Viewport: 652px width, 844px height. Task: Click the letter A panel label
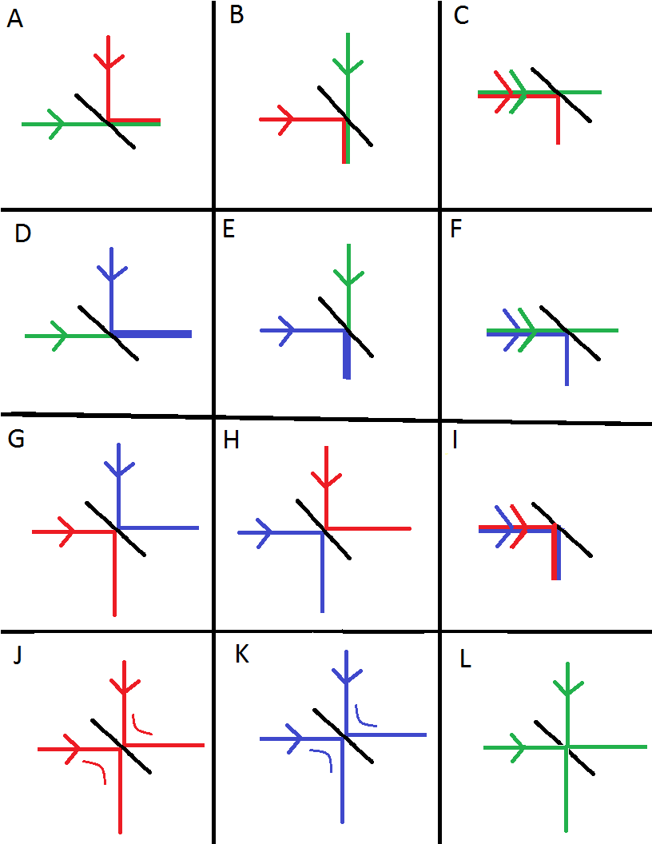[x=14, y=19]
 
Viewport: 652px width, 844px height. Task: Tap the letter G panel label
[x=16, y=442]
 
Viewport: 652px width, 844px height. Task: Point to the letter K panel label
[x=242, y=655]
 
